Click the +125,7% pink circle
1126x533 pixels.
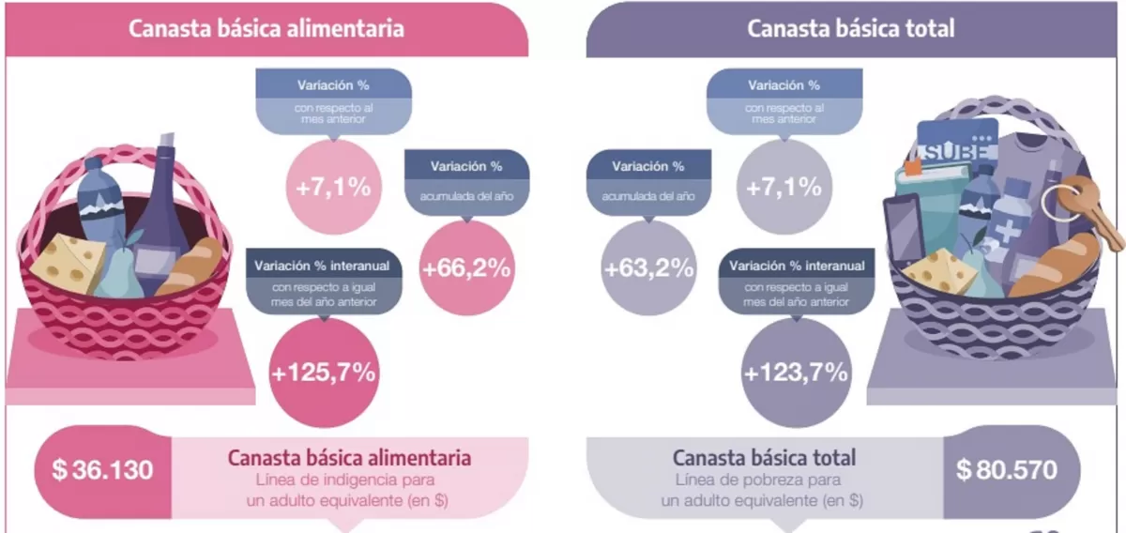(323, 373)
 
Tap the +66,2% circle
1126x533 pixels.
(466, 268)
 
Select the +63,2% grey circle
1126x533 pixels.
(648, 268)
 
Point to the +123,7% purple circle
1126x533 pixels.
(796, 373)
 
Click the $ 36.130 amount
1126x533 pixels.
(102, 469)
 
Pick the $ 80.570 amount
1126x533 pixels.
(1007, 469)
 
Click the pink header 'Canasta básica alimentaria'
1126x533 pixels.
(266, 28)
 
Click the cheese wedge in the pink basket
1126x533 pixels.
(68, 262)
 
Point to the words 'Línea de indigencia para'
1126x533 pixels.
(349, 481)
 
